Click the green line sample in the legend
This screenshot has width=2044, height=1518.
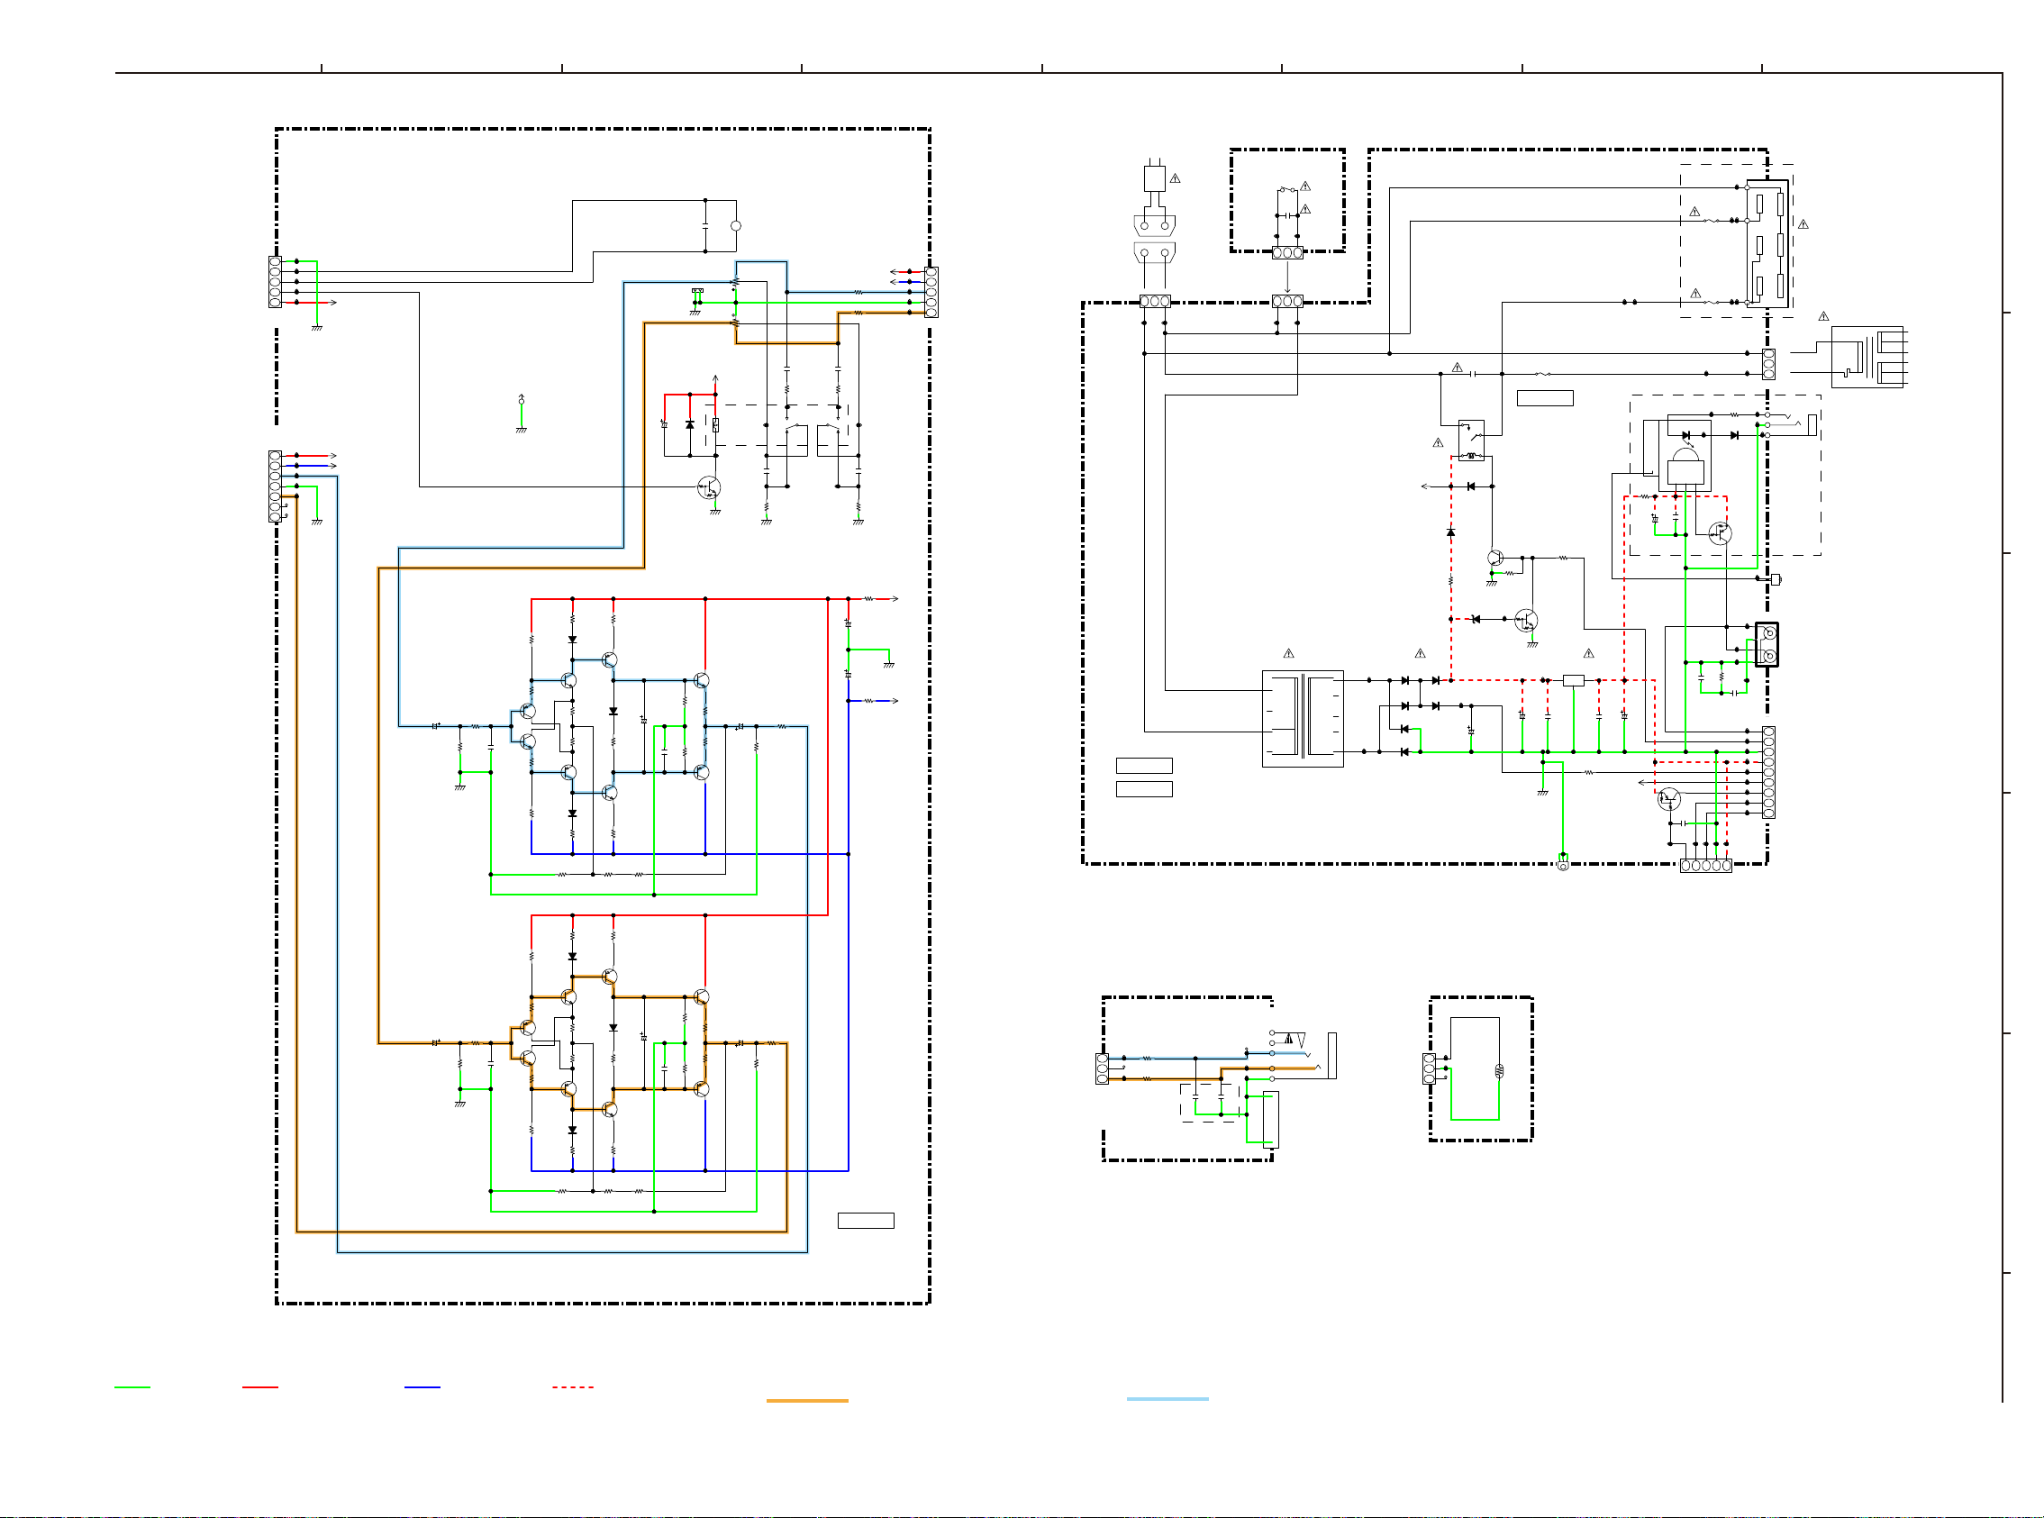[132, 1386]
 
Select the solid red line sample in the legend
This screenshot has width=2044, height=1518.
[260, 1386]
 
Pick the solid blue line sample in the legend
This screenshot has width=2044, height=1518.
[422, 1386]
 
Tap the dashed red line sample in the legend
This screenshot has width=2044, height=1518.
[572, 1386]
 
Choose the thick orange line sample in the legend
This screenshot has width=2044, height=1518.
[806, 1400]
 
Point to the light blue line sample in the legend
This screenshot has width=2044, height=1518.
[1167, 1398]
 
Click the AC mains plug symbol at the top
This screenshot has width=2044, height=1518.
[1154, 178]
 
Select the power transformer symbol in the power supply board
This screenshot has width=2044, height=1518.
[1302, 718]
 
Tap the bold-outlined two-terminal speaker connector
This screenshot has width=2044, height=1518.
[1767, 643]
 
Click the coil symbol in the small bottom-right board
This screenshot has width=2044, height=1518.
[1499, 1070]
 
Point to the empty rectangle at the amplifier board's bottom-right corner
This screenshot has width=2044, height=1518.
[866, 1221]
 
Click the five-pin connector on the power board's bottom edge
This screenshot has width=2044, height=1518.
[1706, 865]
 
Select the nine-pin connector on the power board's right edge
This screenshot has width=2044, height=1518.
[1768, 772]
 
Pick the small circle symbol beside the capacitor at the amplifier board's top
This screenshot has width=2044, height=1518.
[735, 225]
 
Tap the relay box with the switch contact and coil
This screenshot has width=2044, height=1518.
[1471, 441]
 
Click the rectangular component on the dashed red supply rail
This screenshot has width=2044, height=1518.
[1573, 680]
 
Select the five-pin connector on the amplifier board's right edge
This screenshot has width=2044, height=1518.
[931, 291]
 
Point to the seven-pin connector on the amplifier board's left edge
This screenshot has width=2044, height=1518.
[275, 486]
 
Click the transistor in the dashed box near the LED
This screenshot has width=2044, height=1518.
[1720, 532]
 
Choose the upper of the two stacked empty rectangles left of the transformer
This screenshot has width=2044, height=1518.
[1144, 765]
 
